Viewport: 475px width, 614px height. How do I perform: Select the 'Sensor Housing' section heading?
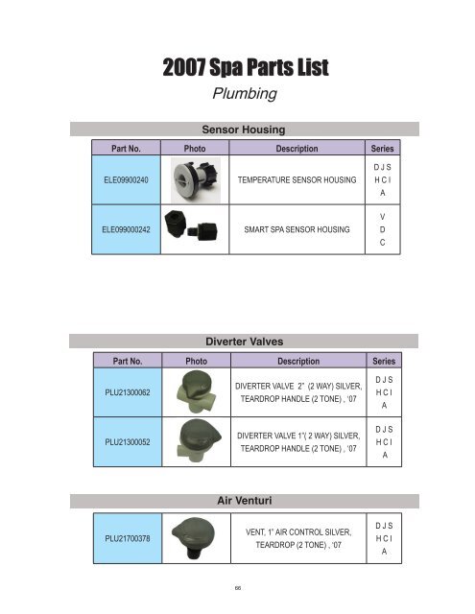pyautogui.click(x=237, y=130)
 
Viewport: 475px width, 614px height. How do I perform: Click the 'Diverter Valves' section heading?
pyautogui.click(x=237, y=339)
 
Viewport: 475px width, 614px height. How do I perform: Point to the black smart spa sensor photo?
pyautogui.click(x=192, y=229)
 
